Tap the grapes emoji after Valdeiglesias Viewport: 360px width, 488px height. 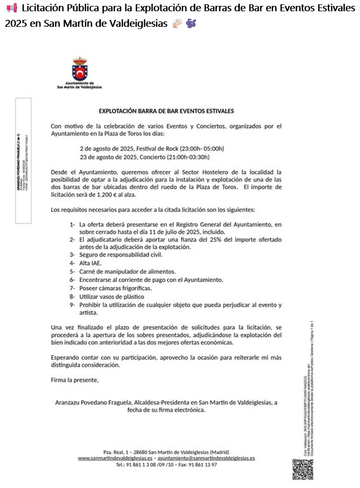pyautogui.click(x=191, y=24)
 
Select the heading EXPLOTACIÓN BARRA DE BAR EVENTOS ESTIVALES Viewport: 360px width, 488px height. pyautogui.click(x=166, y=112)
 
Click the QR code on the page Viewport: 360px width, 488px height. pyautogui.click(x=303, y=469)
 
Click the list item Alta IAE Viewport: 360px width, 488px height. pyautogui.click(x=90, y=263)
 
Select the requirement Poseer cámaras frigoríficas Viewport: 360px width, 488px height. pyautogui.click(x=112, y=288)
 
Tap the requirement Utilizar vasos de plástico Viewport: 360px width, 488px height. pyautogui.click(x=108, y=296)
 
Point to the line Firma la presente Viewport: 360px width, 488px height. pyautogui.click(x=75, y=380)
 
